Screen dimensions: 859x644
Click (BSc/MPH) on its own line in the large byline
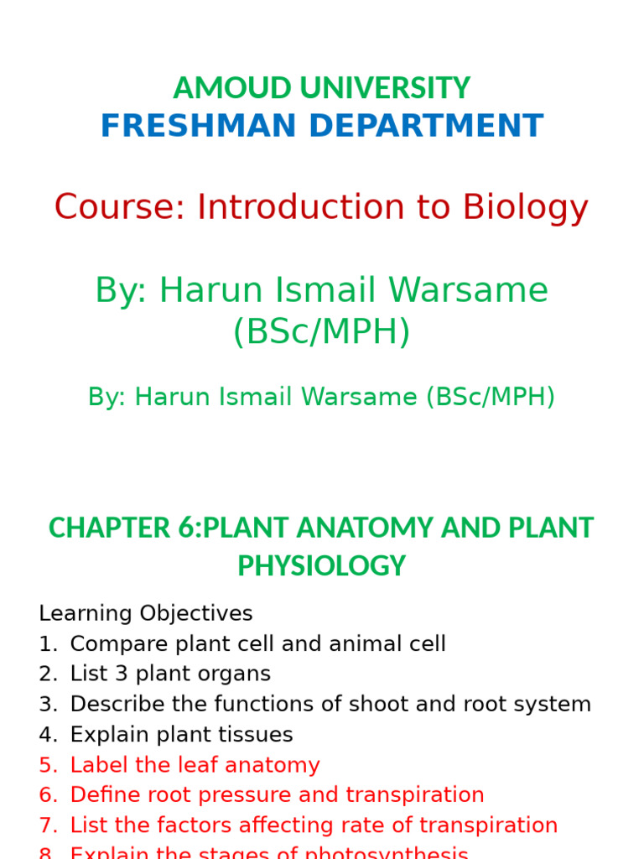coord(322,332)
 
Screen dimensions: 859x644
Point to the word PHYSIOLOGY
coord(322,566)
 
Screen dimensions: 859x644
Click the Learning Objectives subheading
coord(145,613)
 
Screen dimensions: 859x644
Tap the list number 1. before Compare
coord(47,644)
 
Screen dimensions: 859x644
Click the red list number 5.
coord(47,765)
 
